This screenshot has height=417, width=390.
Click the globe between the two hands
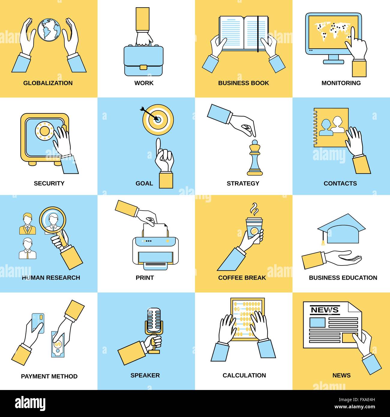tap(49, 30)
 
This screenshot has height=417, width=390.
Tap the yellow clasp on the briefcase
tap(143, 67)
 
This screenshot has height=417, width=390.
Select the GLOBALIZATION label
tap(48, 83)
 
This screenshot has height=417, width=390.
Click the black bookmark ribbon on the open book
tap(258, 34)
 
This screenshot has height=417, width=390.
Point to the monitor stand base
tap(334, 62)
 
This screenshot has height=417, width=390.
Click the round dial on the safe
tap(44, 131)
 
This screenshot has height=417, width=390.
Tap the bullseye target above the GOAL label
tap(158, 120)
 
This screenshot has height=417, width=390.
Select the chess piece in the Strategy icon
tap(255, 158)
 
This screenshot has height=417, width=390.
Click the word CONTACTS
tap(340, 183)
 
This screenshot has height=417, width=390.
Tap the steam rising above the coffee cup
tap(254, 209)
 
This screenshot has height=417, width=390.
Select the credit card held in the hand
tap(38, 323)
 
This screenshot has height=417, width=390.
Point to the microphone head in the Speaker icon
tap(154, 320)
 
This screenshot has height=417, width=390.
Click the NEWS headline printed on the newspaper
tap(325, 310)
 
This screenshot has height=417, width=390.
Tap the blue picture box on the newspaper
tap(317, 322)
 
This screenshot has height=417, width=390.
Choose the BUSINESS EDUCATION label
tap(343, 277)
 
